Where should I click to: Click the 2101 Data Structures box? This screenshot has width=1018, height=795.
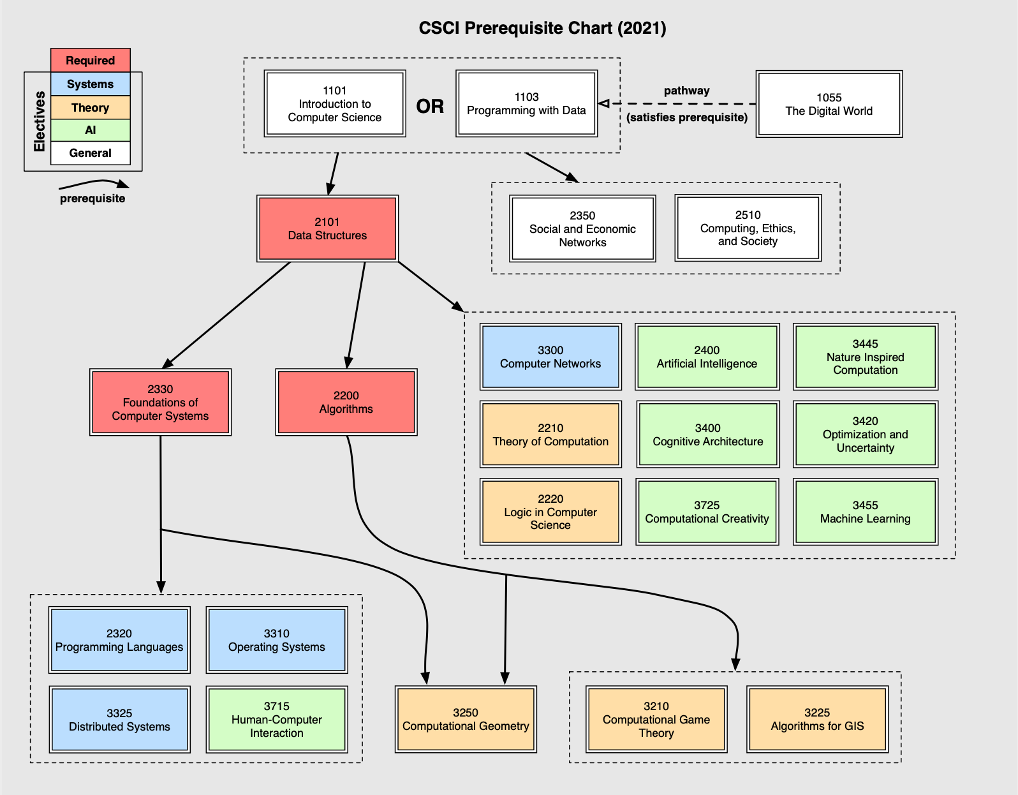[327, 228]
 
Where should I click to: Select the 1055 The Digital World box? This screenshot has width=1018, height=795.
[829, 104]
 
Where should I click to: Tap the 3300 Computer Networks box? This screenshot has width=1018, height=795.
[550, 357]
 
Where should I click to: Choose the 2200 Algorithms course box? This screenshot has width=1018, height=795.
[346, 402]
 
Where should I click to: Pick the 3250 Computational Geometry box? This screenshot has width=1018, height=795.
[466, 719]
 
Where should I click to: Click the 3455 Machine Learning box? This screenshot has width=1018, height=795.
[865, 512]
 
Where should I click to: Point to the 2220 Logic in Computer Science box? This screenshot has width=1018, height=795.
[550, 512]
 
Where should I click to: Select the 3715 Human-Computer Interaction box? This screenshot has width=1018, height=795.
[276, 719]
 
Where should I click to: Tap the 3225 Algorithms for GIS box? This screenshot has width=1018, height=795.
[817, 719]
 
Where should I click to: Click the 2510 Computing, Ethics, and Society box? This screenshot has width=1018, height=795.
[748, 228]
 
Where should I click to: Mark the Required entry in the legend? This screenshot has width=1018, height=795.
[91, 61]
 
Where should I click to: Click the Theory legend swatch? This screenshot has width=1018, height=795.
[91, 108]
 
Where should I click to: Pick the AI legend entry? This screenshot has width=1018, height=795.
[91, 130]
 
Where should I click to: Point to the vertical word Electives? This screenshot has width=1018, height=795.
[40, 121]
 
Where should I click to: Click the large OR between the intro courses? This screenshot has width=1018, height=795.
[430, 106]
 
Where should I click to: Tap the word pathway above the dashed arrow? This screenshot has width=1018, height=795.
[686, 91]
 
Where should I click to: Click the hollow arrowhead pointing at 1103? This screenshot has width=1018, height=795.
[604, 103]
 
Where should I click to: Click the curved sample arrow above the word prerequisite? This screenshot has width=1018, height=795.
[94, 184]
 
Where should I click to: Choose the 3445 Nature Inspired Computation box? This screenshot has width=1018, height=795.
[865, 357]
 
